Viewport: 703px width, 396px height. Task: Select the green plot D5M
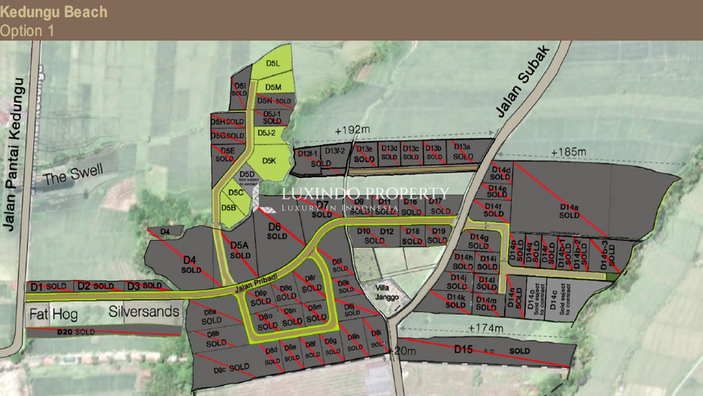273,87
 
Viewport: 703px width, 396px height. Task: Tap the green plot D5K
269,161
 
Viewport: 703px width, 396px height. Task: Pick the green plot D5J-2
266,133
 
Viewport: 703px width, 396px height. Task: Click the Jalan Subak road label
522,82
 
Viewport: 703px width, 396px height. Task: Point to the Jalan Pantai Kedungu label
14,154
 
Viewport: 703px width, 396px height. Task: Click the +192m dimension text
352,130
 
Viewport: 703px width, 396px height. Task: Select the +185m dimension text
568,152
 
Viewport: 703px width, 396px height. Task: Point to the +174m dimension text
486,328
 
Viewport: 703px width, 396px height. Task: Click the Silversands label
144,312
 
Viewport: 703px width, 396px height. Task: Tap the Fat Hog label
53,314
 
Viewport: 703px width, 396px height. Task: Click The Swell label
73,174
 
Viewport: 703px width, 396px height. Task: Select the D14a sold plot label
569,211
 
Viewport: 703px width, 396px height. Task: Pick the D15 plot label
463,350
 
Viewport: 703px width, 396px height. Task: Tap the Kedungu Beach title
54,12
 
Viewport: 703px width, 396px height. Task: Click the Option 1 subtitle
27,31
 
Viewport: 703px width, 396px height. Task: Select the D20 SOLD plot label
76,332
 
